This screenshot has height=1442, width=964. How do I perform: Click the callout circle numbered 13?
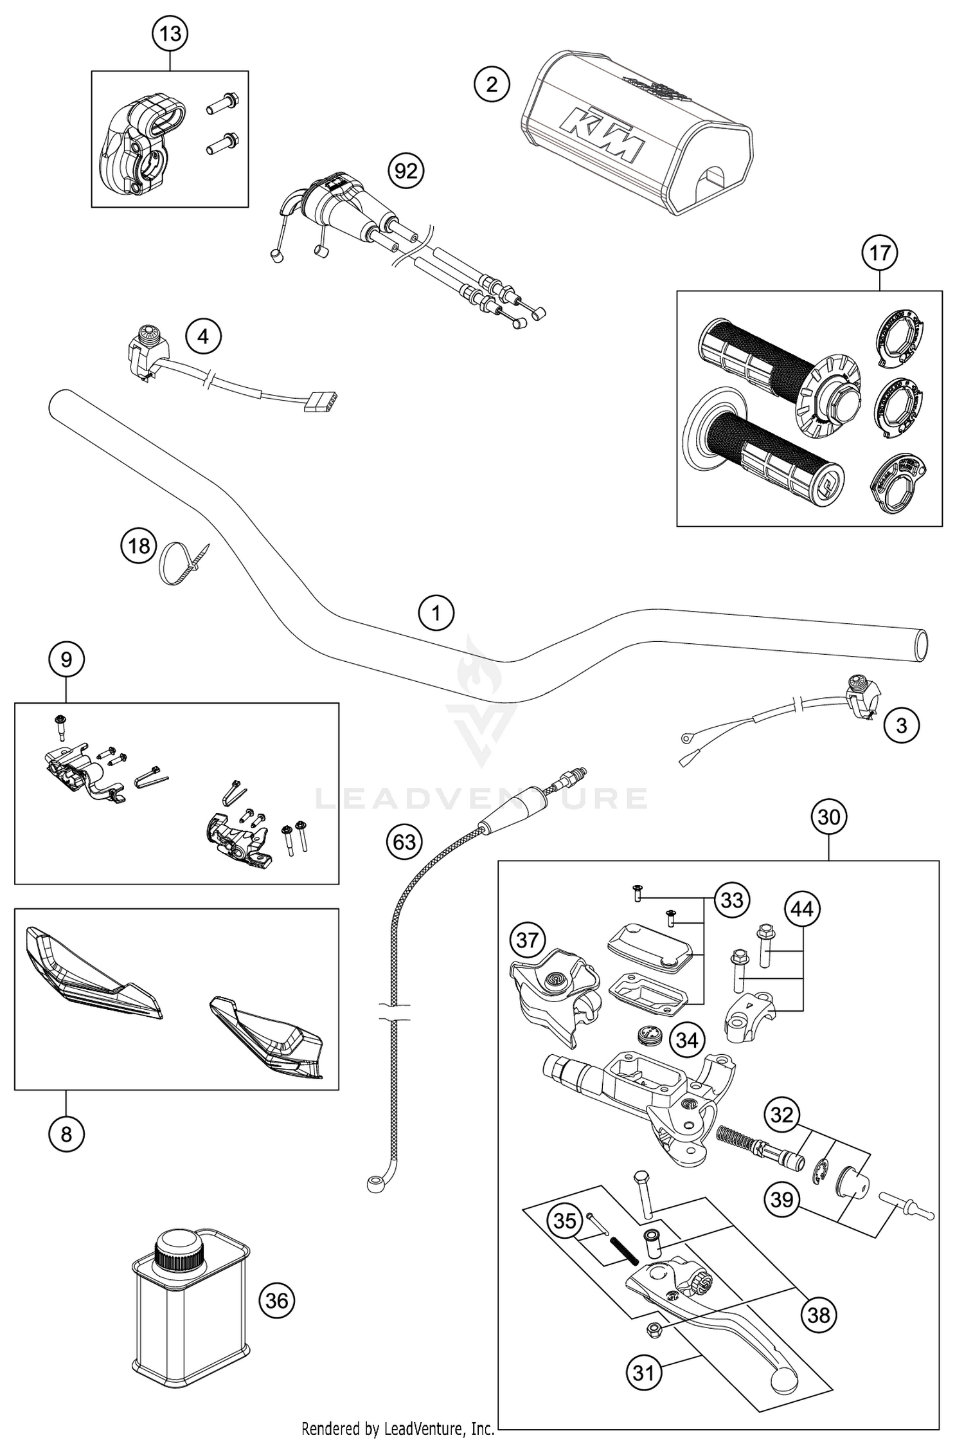[x=170, y=33]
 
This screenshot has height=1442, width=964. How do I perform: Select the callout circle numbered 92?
[x=406, y=170]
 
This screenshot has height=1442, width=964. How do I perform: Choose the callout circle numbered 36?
[x=277, y=1301]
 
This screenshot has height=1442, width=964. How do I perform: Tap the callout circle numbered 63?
[x=404, y=841]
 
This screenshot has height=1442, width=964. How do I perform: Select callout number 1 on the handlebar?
[x=436, y=613]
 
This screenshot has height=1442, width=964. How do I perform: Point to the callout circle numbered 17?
[x=880, y=253]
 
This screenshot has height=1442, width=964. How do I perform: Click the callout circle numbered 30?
[x=829, y=817]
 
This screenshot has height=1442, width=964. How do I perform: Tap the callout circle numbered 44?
[x=801, y=909]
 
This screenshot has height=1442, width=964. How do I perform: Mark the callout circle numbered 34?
[x=687, y=1039]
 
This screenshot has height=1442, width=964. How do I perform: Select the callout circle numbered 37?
[x=527, y=940]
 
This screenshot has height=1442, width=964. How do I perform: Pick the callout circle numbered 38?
[x=819, y=1315]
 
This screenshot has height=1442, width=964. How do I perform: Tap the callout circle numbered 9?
[x=66, y=659]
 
